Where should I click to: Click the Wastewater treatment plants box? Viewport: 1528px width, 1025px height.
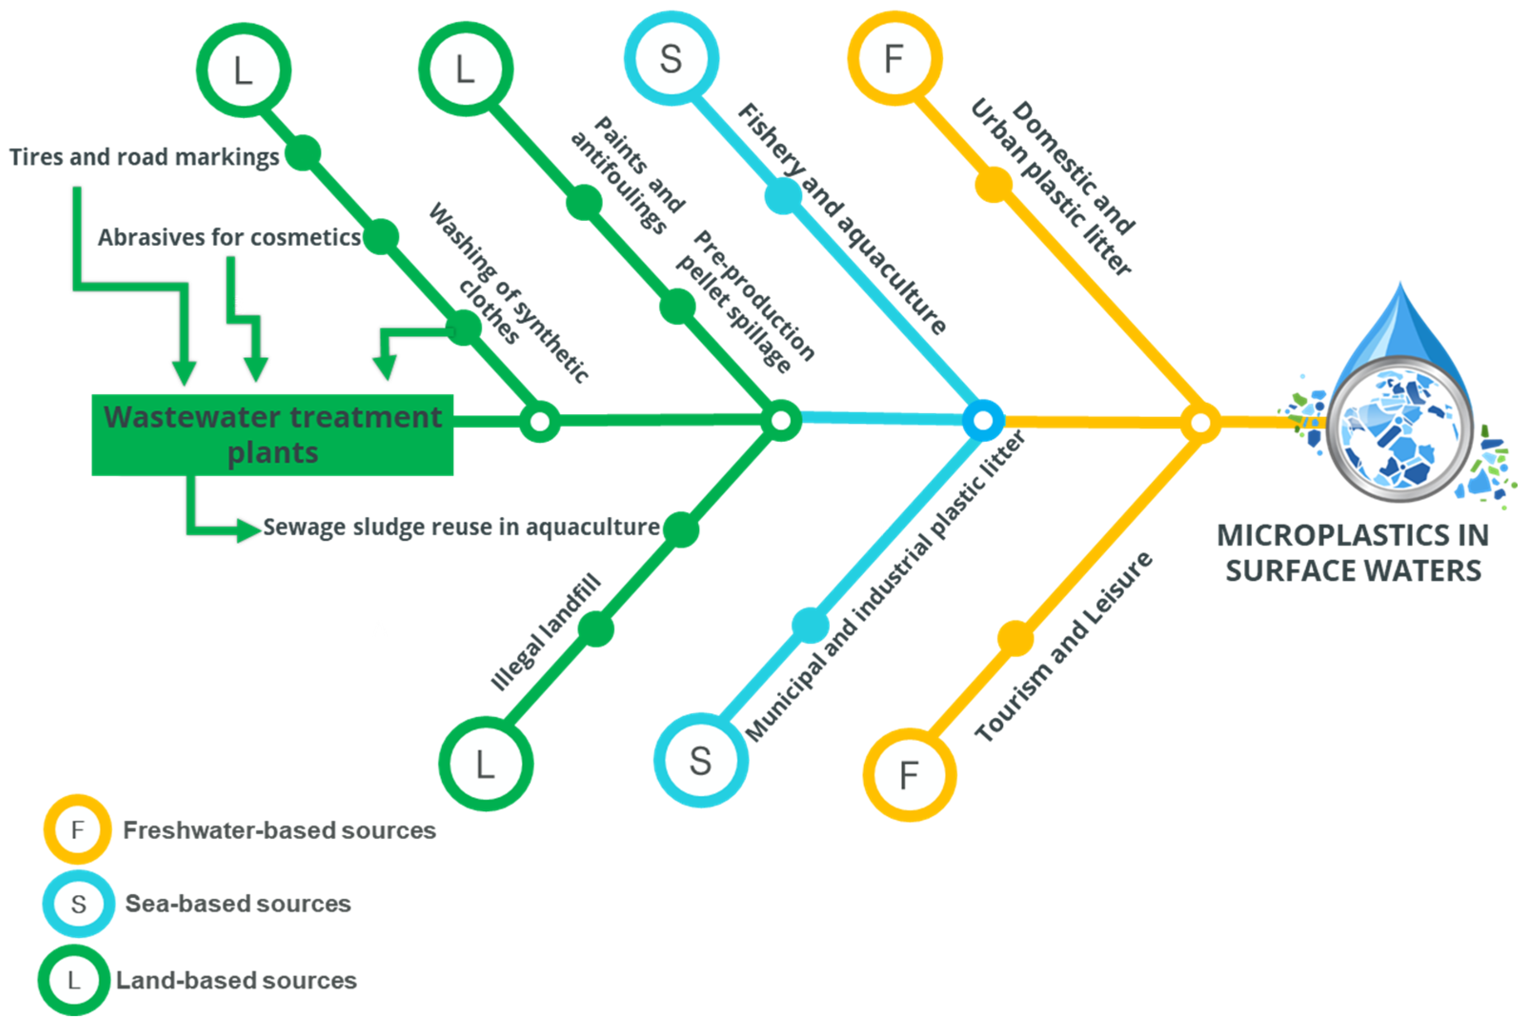pos(272,435)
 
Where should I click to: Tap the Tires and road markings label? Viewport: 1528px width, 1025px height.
pos(144,158)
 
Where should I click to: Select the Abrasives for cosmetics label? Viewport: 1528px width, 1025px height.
pos(229,237)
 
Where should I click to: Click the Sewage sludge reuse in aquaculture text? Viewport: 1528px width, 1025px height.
pos(461,527)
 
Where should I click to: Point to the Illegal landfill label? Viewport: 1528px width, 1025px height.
pos(546,632)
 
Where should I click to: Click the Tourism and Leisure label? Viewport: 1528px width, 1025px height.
pos(1064,647)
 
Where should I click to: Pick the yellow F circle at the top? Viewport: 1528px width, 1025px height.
pos(895,58)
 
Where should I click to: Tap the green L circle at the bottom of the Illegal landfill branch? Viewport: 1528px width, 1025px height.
pos(485,764)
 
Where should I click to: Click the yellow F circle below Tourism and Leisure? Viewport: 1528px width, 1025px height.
pos(909,775)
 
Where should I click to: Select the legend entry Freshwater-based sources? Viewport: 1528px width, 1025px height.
pos(279,830)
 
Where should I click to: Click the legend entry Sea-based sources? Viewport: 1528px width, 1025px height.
pos(238,904)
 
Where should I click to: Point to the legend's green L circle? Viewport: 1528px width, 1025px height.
pos(73,980)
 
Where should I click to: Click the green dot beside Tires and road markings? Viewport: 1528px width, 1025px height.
pos(303,153)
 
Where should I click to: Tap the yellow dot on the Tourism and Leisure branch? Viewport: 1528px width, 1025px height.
pos(1015,638)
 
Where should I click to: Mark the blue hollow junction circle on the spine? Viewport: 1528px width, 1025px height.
pos(983,421)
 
